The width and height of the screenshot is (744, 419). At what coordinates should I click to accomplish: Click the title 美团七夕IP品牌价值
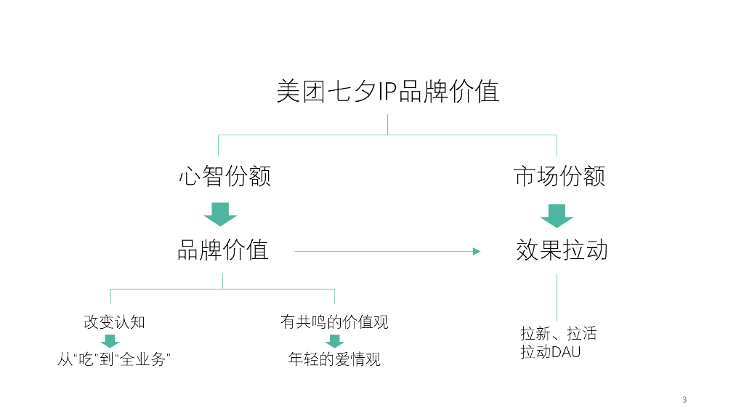[387, 92]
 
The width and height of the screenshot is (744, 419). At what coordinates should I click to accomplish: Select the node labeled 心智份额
[225, 177]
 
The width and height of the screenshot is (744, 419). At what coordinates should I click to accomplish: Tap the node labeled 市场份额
[559, 177]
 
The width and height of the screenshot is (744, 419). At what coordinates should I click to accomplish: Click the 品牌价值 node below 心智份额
[223, 250]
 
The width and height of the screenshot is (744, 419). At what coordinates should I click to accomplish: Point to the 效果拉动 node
[562, 250]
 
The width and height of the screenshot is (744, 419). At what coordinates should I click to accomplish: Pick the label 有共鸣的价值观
[334, 322]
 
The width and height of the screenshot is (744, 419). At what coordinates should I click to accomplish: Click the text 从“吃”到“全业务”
[113, 359]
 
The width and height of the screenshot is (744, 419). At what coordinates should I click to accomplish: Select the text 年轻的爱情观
[334, 359]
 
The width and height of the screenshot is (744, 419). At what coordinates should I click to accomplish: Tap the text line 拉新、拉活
[558, 334]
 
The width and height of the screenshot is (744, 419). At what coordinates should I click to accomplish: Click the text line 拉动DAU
[550, 352]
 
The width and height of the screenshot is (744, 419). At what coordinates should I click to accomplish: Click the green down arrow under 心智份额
[221, 214]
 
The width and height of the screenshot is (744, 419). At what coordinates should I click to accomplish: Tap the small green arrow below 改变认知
[110, 340]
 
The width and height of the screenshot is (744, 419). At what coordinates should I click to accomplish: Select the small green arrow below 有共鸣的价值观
[334, 340]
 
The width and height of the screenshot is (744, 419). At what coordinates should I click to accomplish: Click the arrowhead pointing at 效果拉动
[477, 252]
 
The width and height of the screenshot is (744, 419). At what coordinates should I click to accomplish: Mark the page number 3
[684, 399]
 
